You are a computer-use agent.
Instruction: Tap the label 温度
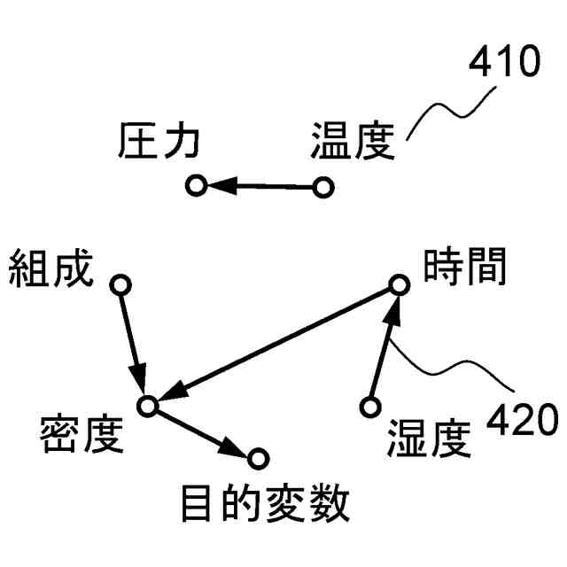[x=353, y=142]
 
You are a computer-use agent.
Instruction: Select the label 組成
[x=50, y=269]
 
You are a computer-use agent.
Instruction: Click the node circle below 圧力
[x=197, y=186]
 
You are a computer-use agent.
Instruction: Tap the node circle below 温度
[x=323, y=188]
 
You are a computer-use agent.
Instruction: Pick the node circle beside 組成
[x=120, y=285]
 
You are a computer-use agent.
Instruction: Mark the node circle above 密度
[x=147, y=406]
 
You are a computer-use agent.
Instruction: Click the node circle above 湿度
[x=369, y=407]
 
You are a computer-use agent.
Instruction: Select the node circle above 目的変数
[x=258, y=458]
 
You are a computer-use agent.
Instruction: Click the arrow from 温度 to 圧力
[x=260, y=187]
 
